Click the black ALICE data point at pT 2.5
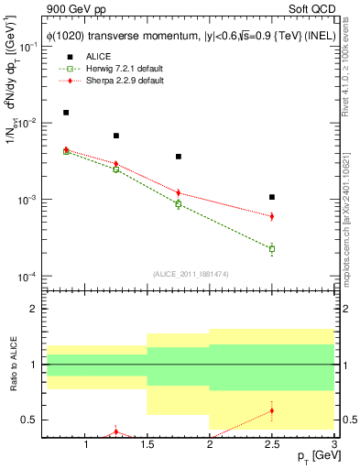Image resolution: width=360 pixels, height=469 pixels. (272, 197)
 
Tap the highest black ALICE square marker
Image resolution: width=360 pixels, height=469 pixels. (66, 113)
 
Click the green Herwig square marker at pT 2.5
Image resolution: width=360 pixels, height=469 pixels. (272, 248)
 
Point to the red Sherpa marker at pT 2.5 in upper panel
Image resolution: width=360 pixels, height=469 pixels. (272, 216)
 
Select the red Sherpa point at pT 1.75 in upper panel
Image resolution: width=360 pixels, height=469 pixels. (179, 192)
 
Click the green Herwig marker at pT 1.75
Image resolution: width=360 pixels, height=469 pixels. (179, 204)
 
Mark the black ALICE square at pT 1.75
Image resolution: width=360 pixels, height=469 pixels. (179, 157)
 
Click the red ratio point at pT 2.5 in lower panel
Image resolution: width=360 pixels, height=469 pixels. (272, 410)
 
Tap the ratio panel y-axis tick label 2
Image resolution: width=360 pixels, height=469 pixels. (33, 310)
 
